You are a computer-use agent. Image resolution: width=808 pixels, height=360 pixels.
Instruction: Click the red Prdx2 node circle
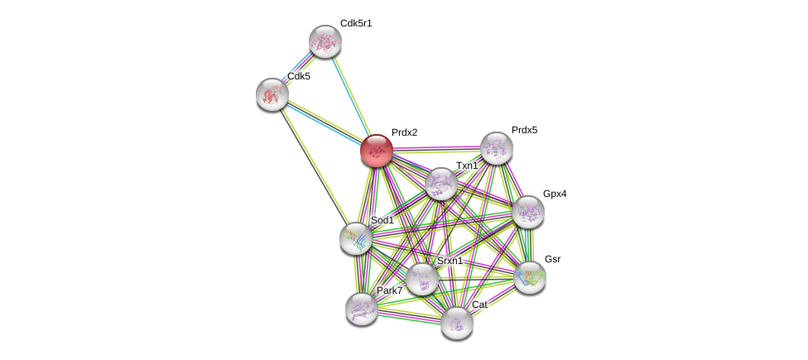[376, 151]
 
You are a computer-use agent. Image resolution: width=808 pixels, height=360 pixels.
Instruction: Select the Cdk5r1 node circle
[325, 41]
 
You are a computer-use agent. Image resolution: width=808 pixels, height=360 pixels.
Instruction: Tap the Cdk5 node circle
[272, 94]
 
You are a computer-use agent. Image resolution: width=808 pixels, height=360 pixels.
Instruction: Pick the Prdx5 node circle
[496, 148]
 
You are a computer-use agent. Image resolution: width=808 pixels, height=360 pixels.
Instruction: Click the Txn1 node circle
[440, 184]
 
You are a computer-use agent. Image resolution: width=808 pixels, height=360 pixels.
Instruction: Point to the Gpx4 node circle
[527, 211]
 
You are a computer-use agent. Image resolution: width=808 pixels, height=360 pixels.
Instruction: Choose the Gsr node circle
[529, 276]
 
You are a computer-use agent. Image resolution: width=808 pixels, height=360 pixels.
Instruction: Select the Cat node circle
[456, 322]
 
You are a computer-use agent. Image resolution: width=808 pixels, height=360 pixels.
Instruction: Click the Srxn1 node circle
[421, 279]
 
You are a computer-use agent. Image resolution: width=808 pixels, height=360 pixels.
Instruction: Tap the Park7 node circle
[361, 309]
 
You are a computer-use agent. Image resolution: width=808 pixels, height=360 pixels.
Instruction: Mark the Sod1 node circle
[356, 238]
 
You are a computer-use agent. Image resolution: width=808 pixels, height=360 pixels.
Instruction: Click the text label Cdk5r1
[356, 23]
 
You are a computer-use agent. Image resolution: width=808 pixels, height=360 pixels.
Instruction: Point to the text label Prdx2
[404, 132]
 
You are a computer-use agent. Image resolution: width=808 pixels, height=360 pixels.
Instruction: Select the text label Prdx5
[524, 130]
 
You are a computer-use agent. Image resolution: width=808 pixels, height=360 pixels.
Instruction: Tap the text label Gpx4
[555, 194]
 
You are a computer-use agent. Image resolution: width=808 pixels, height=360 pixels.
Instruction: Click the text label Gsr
[552, 259]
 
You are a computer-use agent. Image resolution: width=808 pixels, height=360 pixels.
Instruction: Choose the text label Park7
[389, 290]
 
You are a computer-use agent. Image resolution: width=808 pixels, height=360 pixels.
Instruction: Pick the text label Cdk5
[299, 76]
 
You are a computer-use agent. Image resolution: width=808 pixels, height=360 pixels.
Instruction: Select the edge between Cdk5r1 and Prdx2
[350, 95]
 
